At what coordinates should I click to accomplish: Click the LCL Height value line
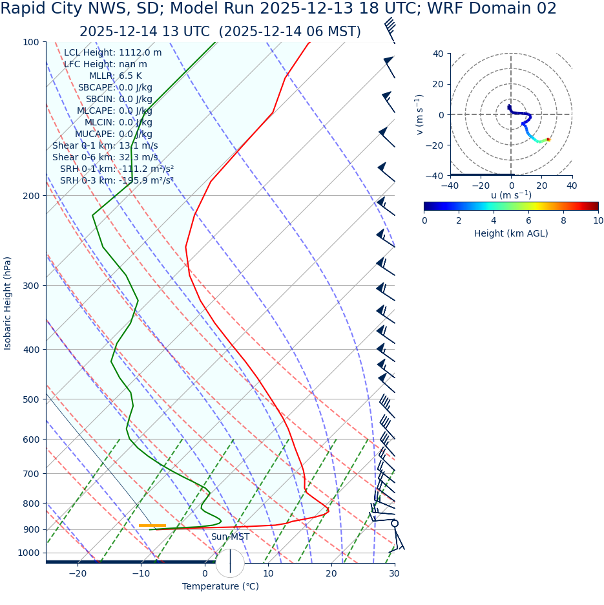tap(112, 52)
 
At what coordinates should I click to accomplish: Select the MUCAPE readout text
tap(114, 134)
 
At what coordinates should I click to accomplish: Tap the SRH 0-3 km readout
tap(117, 180)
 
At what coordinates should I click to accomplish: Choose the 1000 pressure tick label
tap(28, 553)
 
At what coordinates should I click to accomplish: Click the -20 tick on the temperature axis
tap(78, 573)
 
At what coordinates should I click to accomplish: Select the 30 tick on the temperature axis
tap(394, 573)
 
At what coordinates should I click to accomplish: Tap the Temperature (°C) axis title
tap(220, 586)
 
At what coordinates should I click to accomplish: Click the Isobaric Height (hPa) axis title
tap(8, 303)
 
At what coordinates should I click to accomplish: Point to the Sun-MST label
tap(230, 537)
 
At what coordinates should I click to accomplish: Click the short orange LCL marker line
tap(152, 525)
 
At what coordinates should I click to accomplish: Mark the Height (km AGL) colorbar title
tap(511, 233)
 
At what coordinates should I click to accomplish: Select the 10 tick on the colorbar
tap(598, 220)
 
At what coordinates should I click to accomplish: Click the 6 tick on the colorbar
tap(528, 220)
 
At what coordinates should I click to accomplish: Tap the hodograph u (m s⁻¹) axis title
tap(511, 195)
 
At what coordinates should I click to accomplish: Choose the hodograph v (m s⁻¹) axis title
tap(420, 114)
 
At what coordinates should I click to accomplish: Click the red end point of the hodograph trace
tap(548, 139)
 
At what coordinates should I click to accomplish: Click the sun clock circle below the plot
tap(230, 563)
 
